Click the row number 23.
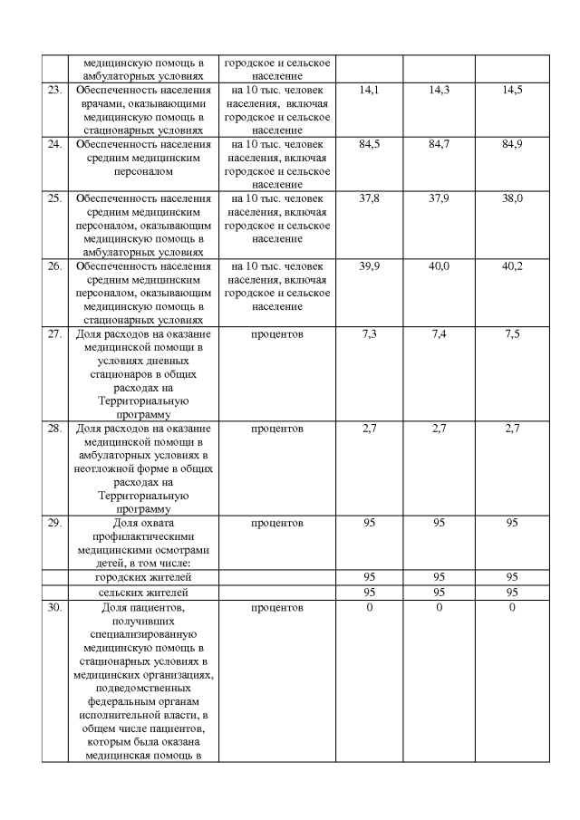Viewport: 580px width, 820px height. pyautogui.click(x=54, y=91)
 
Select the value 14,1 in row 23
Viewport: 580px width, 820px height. pyautogui.click(x=369, y=91)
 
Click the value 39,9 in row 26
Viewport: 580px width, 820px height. pyautogui.click(x=369, y=266)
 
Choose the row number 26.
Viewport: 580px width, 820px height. pyautogui.click(x=54, y=266)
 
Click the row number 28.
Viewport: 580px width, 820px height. pyautogui.click(x=54, y=428)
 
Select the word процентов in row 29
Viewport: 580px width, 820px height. pyautogui.click(x=277, y=523)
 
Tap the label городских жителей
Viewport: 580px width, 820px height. pyautogui.click(x=143, y=577)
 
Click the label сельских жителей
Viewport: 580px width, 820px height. pyautogui.click(x=143, y=592)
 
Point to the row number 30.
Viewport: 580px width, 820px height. pyautogui.click(x=54, y=606)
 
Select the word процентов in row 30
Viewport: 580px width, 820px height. pyautogui.click(x=277, y=606)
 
